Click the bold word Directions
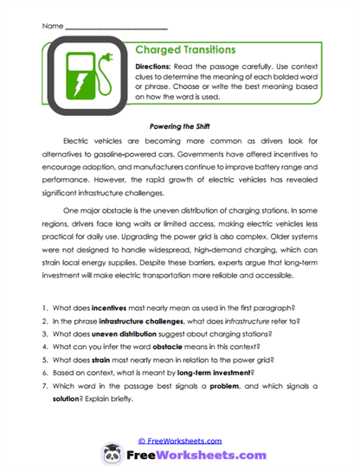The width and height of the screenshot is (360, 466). click(157, 67)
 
